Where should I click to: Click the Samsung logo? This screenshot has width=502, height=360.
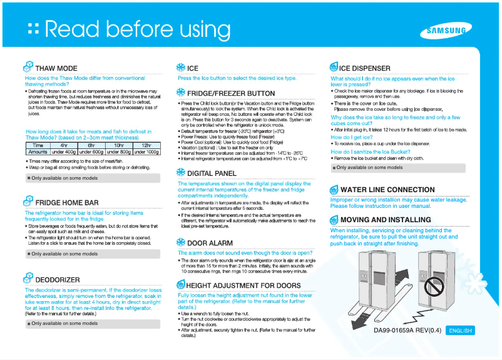pos(446,31)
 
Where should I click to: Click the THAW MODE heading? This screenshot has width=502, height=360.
pos(56,68)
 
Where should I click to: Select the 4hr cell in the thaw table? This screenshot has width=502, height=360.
pos(63,145)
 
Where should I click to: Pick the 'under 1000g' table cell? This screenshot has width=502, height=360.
pos(146,152)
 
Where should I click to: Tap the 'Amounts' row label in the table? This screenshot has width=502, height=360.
pos(38,152)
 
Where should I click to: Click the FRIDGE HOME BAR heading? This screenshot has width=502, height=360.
pos(67,203)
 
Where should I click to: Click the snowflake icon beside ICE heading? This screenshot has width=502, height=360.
pos(180,68)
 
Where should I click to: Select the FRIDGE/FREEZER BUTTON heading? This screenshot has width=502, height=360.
pos(231,94)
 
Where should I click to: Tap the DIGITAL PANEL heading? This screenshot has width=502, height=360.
pos(212,173)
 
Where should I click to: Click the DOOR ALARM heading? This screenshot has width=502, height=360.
pos(210,242)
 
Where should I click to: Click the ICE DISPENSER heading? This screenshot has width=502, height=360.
pos(365,68)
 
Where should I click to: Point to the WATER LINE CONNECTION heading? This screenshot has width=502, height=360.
pos(387,190)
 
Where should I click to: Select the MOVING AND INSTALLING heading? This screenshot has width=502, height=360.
pos(386,220)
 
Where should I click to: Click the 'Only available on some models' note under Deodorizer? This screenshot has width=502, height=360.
pos(64,324)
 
